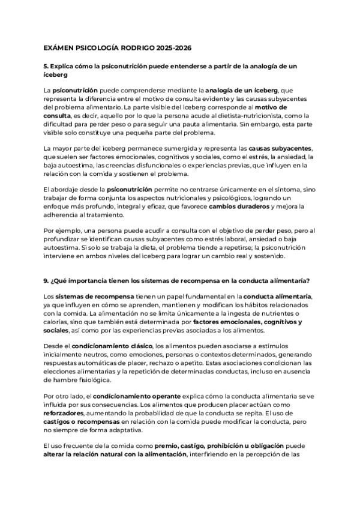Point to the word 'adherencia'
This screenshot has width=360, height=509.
tap(62, 215)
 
